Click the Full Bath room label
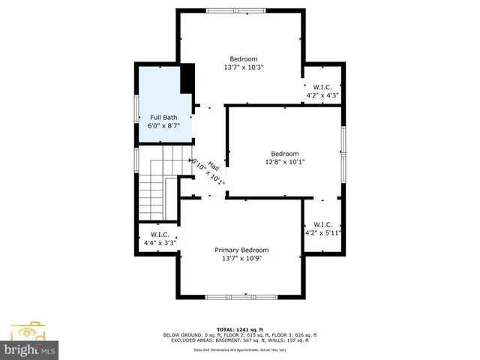pyautogui.click(x=163, y=117)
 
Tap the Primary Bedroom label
pyautogui.click(x=241, y=250)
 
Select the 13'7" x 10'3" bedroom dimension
pyautogui.click(x=244, y=67)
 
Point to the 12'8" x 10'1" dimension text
pyautogui.click(x=284, y=161)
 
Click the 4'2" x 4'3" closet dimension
pyautogui.click(x=322, y=95)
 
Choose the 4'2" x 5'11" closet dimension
pyautogui.click(x=323, y=232)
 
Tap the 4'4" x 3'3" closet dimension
pyautogui.click(x=160, y=242)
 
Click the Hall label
pyautogui.click(x=213, y=166)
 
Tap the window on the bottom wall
pyautogui.click(x=241, y=297)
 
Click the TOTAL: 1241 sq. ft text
pyautogui.click(x=240, y=329)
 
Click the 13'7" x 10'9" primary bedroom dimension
pyautogui.click(x=241, y=259)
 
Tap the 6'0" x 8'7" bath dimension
pyautogui.click(x=163, y=126)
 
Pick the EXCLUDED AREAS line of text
pyautogui.click(x=240, y=341)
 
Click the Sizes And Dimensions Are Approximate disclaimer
pyautogui.click(x=240, y=349)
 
